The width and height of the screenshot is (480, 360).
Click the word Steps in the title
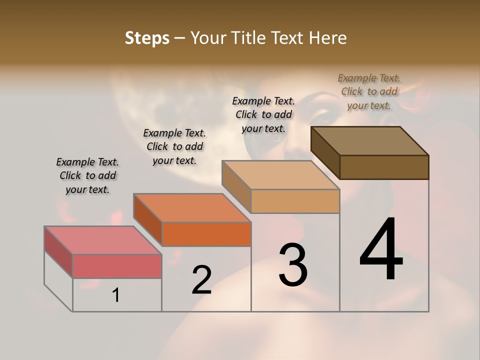point(147,38)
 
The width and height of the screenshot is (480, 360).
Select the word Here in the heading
point(327,38)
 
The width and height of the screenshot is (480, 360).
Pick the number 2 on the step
point(201,279)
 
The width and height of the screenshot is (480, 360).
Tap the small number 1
point(116,295)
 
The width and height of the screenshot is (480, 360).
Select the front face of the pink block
point(117,266)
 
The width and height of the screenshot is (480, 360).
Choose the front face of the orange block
point(206,234)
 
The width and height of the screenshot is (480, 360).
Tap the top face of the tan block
point(280,175)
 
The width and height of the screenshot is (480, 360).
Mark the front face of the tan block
point(295,201)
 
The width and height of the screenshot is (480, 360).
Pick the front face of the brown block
point(384,167)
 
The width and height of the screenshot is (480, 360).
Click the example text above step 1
point(87,175)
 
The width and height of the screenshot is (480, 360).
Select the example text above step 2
point(174,146)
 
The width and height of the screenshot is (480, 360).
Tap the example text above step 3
point(263,114)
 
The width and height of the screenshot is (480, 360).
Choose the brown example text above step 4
point(369,91)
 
